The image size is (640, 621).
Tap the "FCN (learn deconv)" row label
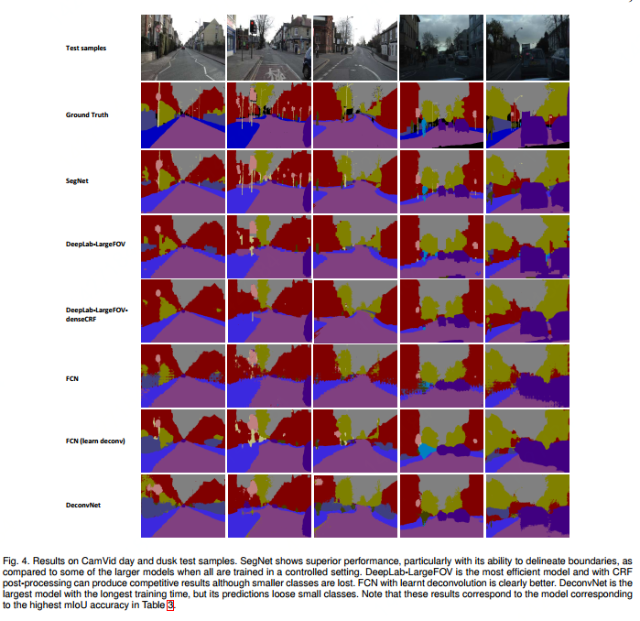pos(94,441)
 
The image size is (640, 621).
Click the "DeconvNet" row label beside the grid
pos(83,505)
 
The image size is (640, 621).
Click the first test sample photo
pos(182,49)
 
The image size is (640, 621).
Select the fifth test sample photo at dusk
pos(527,49)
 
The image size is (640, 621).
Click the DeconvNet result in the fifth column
pos(527,506)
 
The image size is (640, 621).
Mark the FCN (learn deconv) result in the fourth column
pos(441,441)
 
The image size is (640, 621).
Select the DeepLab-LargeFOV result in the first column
pos(182,245)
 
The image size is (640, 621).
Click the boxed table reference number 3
pos(168,605)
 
